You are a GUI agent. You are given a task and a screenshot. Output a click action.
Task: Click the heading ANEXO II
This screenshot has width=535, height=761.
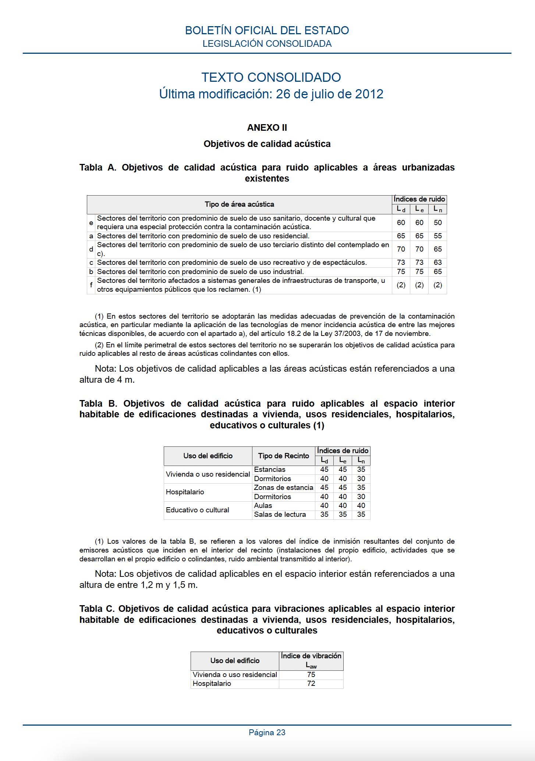267,128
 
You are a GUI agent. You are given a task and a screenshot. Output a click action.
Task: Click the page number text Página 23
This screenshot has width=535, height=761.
267,732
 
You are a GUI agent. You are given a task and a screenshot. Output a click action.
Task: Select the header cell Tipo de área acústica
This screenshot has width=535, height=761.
239,204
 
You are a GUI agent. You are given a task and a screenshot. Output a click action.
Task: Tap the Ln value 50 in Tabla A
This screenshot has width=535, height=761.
437,222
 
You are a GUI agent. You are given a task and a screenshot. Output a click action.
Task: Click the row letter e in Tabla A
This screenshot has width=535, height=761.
91,222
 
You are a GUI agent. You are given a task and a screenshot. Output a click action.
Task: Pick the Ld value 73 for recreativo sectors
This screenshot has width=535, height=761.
401,262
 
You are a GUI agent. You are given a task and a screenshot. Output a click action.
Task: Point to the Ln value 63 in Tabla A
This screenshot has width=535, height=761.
437,262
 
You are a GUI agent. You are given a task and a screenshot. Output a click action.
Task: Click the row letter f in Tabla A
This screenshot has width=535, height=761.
91,285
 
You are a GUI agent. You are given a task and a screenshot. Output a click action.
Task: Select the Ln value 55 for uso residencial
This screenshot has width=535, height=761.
437,236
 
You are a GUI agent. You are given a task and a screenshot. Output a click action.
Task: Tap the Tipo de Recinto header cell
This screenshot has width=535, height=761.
283,456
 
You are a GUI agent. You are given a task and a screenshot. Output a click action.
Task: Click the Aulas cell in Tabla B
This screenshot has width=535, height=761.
263,505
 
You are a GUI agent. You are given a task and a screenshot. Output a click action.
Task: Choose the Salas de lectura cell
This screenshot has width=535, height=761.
280,514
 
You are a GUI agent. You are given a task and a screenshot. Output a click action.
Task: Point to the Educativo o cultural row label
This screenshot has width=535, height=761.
198,510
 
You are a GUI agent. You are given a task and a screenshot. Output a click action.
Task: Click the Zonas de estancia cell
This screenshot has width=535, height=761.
283,487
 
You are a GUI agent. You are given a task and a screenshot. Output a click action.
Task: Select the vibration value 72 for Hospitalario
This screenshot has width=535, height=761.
311,683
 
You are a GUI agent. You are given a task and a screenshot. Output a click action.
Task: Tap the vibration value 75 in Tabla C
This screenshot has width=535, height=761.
311,674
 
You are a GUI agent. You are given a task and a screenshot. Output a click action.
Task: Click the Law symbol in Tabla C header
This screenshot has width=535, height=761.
311,665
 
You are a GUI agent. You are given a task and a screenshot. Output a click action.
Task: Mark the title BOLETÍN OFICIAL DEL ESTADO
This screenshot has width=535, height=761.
267,30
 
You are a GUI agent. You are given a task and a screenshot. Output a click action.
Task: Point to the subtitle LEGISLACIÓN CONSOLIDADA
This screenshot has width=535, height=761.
267,44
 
